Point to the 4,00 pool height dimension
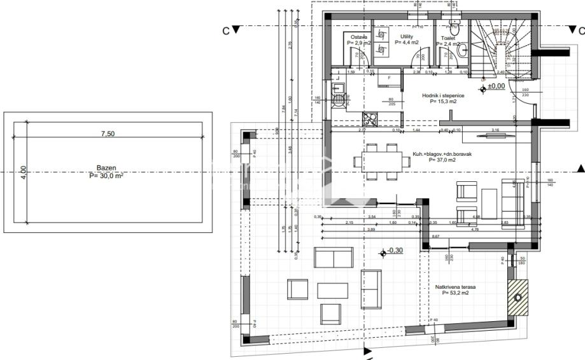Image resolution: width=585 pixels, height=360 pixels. (24, 173)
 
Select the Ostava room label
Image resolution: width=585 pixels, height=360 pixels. (359, 37)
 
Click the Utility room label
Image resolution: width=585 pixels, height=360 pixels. (406, 36)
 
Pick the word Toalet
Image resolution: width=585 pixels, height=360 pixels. (448, 38)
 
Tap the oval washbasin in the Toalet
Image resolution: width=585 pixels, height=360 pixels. (462, 50)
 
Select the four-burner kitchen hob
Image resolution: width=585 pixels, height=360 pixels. (370, 118)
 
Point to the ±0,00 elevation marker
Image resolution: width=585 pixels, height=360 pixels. (495, 85)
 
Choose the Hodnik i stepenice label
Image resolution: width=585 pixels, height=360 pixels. (443, 95)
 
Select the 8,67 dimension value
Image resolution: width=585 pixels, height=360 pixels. (435, 236)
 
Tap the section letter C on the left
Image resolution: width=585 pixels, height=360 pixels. (225, 30)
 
